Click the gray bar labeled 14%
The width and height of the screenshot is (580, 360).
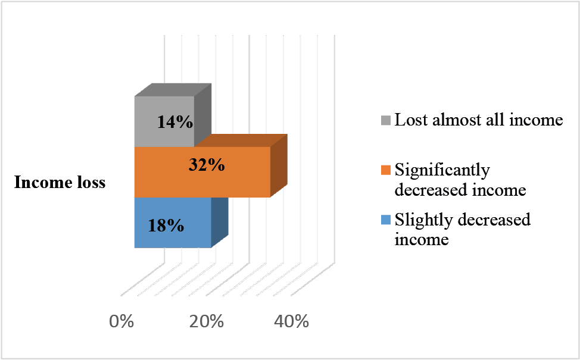point(164,121)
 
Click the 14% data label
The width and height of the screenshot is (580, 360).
point(175,121)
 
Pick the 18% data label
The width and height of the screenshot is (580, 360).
point(166,225)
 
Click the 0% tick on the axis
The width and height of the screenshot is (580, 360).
point(121,321)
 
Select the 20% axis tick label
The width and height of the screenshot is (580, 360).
point(207,321)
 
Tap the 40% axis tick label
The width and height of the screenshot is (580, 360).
point(291,321)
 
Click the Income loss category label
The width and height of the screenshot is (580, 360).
point(60,182)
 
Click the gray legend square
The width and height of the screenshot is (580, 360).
point(386,120)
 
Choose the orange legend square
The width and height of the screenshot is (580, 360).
point(386,170)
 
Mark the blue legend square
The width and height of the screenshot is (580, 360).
point(386,220)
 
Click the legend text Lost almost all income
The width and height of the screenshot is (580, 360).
point(479,120)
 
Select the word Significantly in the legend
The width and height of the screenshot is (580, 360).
point(442,171)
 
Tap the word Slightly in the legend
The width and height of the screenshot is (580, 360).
point(423,220)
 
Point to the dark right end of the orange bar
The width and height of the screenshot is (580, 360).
point(279,165)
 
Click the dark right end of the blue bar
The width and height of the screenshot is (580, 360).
point(220,223)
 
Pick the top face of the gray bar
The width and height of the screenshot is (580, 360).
point(173,90)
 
